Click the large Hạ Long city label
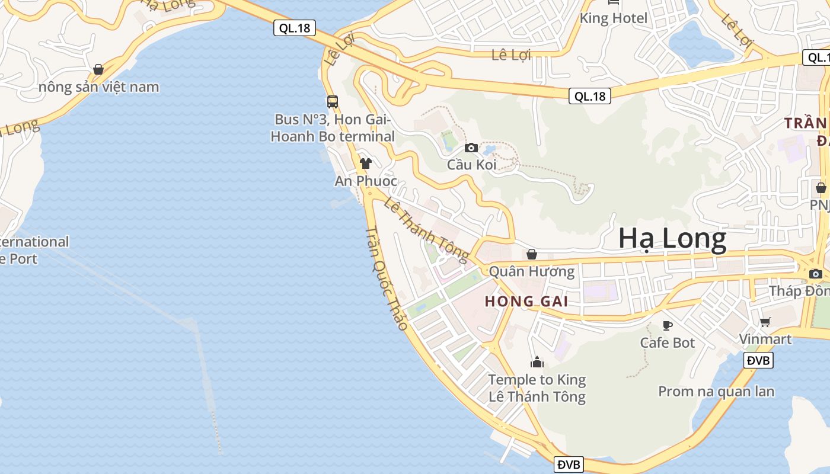coord(672,239)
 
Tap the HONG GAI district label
coord(526,301)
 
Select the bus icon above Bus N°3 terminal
coord(333,101)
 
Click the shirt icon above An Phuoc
coord(366,163)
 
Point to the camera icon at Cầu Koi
coord(471,148)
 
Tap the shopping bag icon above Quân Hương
coord(532,254)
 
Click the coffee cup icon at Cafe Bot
coord(668,325)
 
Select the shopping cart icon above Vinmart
coord(765,322)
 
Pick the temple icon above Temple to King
coord(537,361)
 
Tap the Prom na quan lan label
coord(716,391)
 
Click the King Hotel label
coord(614,18)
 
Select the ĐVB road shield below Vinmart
coord(758,360)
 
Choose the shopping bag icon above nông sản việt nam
coord(98,69)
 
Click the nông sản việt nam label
coord(99,87)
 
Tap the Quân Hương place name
coord(532,272)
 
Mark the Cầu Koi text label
coord(472,165)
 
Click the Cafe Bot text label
coord(668,342)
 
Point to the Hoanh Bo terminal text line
coord(333,136)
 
